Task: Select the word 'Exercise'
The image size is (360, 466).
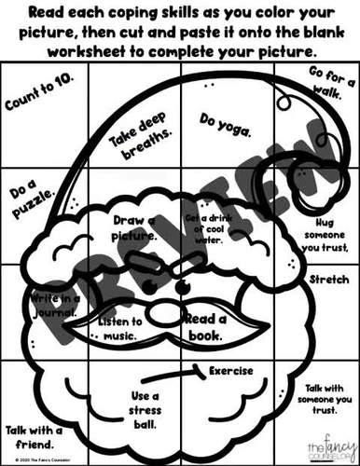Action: click(231, 370)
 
